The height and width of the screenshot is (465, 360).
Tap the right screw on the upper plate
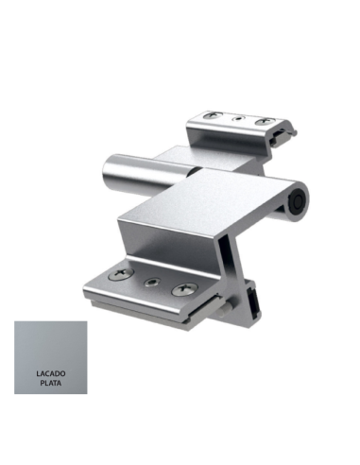coord(266,121)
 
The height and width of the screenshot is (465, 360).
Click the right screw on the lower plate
coord(181,288)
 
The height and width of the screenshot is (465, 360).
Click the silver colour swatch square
coord(51,357)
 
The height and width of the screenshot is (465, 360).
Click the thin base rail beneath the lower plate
coord(142,307)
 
